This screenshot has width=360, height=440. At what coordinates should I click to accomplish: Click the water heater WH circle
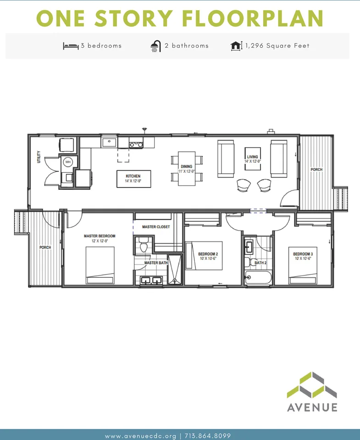pyautogui.click(x=68, y=162)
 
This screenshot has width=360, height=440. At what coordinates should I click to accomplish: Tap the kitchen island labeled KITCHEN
pyautogui.click(x=133, y=179)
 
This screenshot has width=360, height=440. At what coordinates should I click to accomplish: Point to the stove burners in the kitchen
pyautogui.click(x=136, y=145)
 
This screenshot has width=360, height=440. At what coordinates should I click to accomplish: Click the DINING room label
pyautogui.click(x=187, y=166)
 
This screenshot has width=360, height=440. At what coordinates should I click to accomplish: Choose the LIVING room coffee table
pyautogui.click(x=253, y=159)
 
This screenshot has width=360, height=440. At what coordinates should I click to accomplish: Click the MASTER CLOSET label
pyautogui.click(x=156, y=227)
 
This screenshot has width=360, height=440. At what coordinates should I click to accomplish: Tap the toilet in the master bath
pyautogui.click(x=144, y=244)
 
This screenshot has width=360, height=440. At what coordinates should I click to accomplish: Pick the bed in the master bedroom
pyautogui.click(x=100, y=265)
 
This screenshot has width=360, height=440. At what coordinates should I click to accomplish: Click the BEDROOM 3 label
pyautogui.click(x=303, y=254)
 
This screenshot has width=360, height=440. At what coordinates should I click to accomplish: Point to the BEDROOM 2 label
pyautogui.click(x=208, y=254)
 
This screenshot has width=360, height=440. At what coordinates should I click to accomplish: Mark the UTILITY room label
pyautogui.click(x=39, y=157)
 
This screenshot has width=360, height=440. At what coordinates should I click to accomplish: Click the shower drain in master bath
pyautogui.click(x=175, y=280)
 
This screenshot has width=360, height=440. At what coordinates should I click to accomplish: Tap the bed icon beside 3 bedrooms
pyautogui.click(x=71, y=46)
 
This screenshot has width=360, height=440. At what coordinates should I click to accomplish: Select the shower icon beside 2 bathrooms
pyautogui.click(x=156, y=46)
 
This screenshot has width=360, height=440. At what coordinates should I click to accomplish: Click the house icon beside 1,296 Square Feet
pyautogui.click(x=236, y=46)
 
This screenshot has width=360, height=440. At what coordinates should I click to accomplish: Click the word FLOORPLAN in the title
pyautogui.click(x=253, y=18)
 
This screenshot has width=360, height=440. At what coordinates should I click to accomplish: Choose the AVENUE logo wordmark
pyautogui.click(x=312, y=407)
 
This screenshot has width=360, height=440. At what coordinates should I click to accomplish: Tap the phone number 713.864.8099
pyautogui.click(x=208, y=436)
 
